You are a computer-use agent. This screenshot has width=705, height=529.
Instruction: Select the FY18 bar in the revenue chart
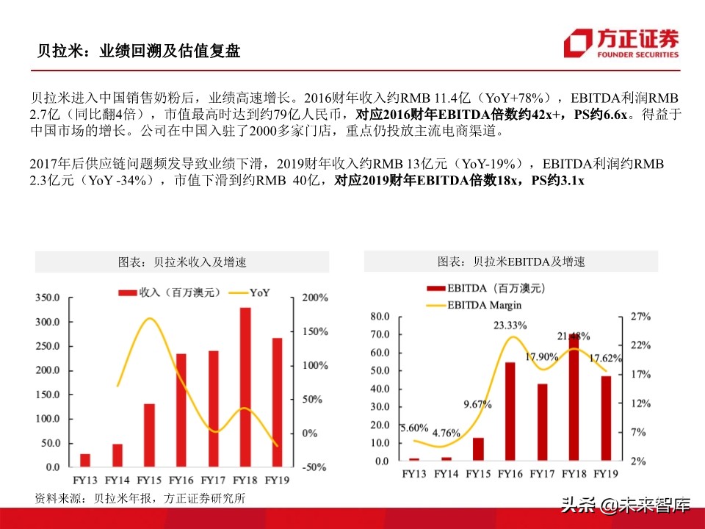[x=245, y=387]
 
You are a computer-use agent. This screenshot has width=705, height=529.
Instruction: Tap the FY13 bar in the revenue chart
[x=85, y=460]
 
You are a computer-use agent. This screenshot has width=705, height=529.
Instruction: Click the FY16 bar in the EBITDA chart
[x=510, y=412]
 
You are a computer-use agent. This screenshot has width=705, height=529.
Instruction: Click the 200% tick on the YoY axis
[x=314, y=298]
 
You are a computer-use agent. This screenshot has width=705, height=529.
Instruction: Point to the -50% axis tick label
[x=314, y=467]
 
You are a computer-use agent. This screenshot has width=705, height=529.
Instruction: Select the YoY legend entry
[x=250, y=292]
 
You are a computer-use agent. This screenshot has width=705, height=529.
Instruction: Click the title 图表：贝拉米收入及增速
[x=182, y=262]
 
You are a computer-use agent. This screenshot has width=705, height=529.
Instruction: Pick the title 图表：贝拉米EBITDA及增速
[x=511, y=262]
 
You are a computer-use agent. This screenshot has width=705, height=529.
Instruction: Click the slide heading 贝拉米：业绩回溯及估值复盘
[x=139, y=51]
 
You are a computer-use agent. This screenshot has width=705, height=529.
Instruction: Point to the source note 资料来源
[x=140, y=498]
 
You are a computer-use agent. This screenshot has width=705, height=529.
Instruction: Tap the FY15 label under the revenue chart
[x=148, y=481]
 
